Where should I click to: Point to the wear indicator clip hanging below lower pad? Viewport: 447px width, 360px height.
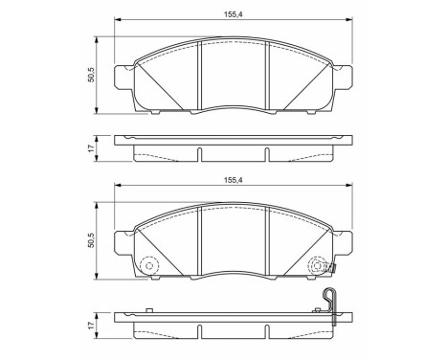tap(329, 299)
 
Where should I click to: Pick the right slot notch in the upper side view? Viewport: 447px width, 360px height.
tap(265, 153)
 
